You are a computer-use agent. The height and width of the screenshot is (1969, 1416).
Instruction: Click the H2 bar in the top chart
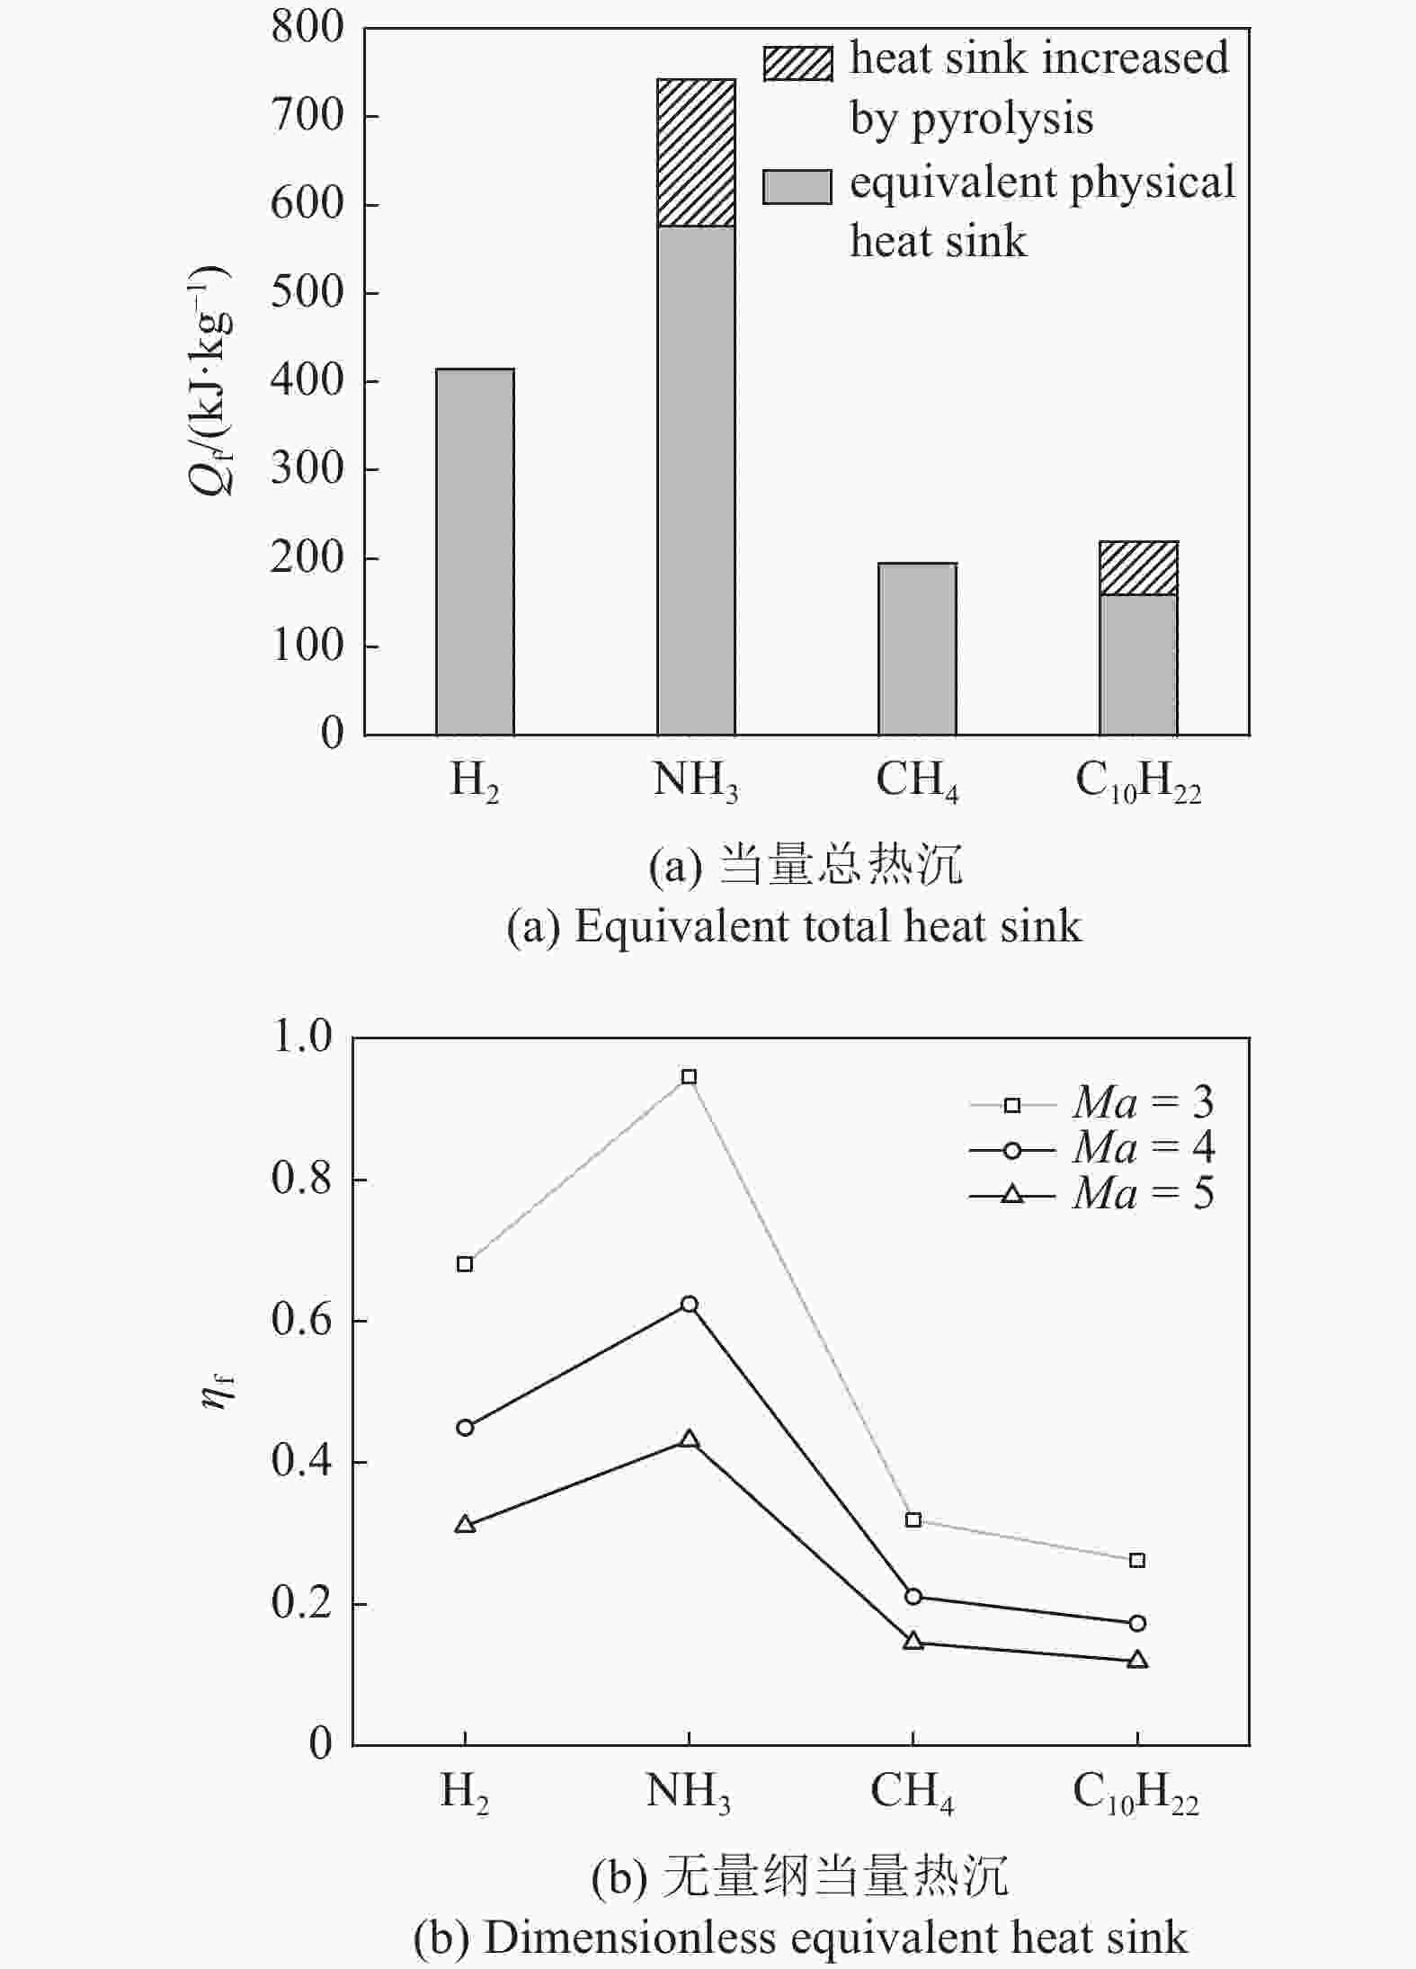[x=475, y=551]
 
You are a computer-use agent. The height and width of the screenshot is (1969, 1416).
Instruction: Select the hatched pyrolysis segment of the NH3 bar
[x=696, y=153]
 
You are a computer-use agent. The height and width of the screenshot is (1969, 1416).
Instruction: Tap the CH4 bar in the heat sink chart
[x=917, y=649]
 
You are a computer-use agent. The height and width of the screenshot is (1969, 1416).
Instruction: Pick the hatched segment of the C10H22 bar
[x=1138, y=568]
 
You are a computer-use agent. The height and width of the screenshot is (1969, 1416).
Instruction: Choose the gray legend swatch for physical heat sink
[x=797, y=187]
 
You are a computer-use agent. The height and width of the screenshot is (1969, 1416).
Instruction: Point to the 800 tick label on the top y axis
[x=307, y=28]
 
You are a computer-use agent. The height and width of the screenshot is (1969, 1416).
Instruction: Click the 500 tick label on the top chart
[x=307, y=292]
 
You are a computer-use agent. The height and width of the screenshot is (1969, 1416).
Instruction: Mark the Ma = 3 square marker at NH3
[x=689, y=1077]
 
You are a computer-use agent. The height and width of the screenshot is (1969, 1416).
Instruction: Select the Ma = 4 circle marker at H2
[x=465, y=1428]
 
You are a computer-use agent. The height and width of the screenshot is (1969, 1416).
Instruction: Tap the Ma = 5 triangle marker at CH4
[x=913, y=1641]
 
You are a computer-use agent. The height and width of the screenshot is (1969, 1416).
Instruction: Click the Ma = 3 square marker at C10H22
[x=1137, y=1560]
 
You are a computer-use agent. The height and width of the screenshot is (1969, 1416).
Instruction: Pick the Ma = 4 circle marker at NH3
[x=689, y=1305]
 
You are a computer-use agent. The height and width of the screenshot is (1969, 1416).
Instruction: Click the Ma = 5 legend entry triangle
[x=1012, y=1194]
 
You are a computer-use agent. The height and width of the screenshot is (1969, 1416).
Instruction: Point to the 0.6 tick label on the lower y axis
[x=302, y=1322]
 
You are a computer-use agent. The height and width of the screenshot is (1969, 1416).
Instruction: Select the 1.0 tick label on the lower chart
[x=302, y=1038]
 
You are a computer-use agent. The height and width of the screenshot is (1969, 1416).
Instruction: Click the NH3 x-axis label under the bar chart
[x=695, y=780]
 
